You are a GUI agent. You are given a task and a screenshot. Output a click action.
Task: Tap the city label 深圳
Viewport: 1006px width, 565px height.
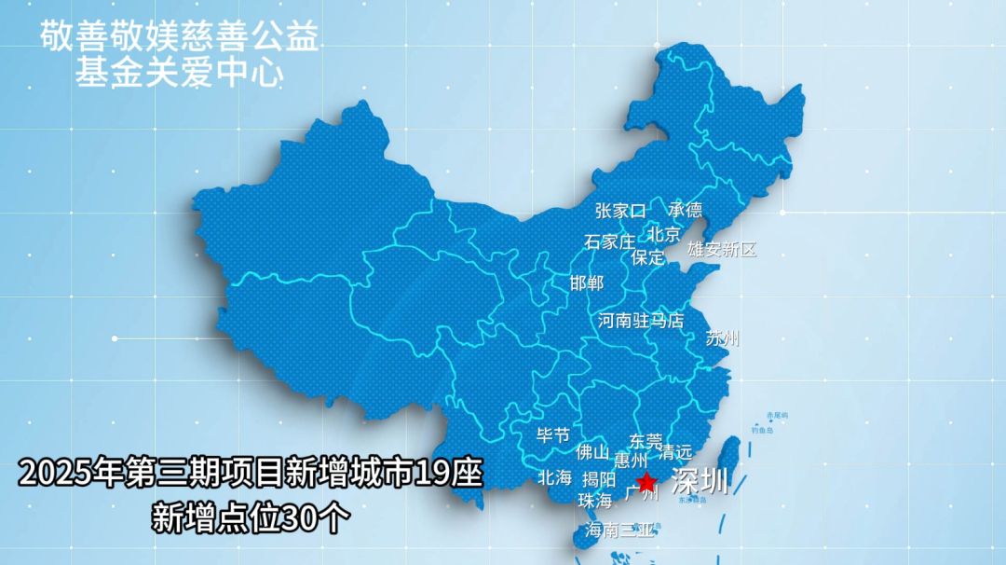pos(700,482)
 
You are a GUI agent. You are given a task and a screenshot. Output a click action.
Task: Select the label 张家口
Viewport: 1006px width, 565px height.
pos(620,211)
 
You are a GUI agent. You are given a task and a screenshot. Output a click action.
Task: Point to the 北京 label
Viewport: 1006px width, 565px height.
pos(664,234)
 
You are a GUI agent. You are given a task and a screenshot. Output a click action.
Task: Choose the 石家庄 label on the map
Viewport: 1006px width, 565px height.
pos(609,241)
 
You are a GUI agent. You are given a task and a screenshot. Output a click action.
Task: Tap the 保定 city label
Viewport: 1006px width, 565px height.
pos(647,257)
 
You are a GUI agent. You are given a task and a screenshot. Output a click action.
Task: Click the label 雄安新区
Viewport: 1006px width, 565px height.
pos(722,249)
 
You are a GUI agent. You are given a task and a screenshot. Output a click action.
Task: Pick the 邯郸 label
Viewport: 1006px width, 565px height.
pos(587,282)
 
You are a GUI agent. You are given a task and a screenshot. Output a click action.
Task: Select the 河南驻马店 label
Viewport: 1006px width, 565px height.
pos(640,321)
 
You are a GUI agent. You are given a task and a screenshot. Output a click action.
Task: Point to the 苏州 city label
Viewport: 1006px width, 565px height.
pos(722,338)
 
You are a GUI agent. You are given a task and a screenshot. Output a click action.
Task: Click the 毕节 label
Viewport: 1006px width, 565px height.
pos(553,435)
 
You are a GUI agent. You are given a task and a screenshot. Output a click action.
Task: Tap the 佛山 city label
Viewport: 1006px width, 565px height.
pos(592,453)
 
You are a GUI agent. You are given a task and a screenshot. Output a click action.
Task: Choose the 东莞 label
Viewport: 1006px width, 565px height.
pos(646,441)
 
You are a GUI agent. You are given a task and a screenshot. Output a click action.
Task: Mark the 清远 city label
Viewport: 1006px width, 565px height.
pos(675,453)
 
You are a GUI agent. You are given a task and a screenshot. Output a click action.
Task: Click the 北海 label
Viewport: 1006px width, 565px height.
pos(554,477)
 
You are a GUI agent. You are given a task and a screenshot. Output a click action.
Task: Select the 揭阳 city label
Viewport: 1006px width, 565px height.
pos(599,479)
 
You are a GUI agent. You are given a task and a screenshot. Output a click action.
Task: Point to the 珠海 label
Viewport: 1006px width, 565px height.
pos(594,501)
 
